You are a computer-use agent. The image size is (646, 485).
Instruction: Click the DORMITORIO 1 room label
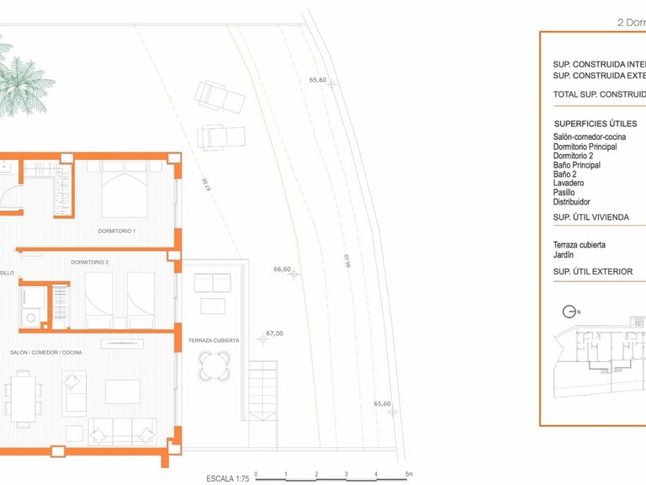click(x=117, y=231)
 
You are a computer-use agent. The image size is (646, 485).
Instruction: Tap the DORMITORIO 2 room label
click(x=90, y=263)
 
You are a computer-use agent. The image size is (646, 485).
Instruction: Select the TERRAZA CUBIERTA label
click(x=214, y=340)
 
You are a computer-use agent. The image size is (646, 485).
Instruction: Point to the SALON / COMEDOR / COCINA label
click(x=46, y=352)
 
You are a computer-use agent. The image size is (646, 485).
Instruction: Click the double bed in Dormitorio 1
click(x=124, y=189)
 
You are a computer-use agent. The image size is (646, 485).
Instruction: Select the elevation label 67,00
click(x=274, y=333)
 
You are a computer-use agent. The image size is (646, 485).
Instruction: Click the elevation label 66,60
click(x=282, y=269)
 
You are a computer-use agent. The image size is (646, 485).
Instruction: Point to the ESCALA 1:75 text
click(x=227, y=478)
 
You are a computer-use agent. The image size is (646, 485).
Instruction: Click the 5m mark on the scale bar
click(x=408, y=474)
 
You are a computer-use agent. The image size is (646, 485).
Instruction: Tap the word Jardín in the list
click(x=564, y=254)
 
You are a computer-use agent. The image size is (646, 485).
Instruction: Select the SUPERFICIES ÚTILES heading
click(x=595, y=124)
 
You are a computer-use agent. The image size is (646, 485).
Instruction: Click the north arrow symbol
click(x=568, y=312)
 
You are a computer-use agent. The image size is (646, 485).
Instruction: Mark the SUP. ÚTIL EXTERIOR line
click(x=593, y=272)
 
